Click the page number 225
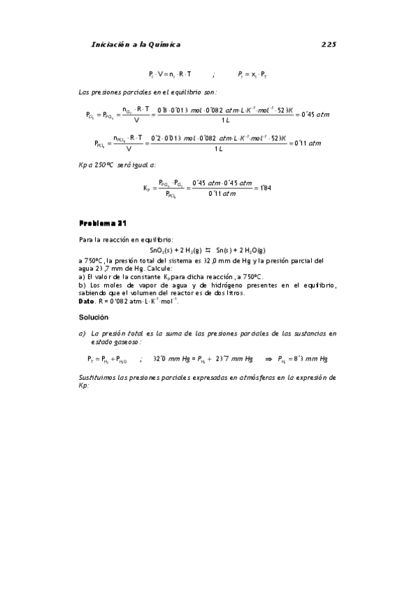pyautogui.click(x=328, y=44)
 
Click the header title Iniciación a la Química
pyautogui.click(x=136, y=44)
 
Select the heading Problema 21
pyautogui.click(x=103, y=224)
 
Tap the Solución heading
pyautogui.click(x=94, y=317)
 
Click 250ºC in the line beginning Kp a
pyautogui.click(x=109, y=165)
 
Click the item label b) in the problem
pyautogui.click(x=83, y=285)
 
